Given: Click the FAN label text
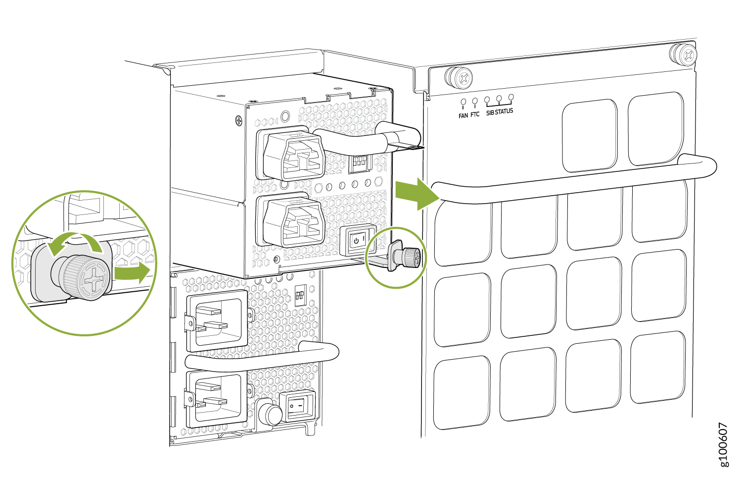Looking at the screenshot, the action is (x=463, y=116).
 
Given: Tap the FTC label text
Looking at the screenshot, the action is (x=475, y=114).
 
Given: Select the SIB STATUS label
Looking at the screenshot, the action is (x=500, y=112).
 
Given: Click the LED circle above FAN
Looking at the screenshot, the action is (x=464, y=102).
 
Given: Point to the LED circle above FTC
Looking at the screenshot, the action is (x=475, y=101).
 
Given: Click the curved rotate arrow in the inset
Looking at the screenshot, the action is (x=75, y=240).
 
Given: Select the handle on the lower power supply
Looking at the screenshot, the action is (x=262, y=357).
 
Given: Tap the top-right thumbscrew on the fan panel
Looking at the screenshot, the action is (x=683, y=54).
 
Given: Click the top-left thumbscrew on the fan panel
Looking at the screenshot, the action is (x=458, y=78).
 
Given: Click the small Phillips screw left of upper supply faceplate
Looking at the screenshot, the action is (x=239, y=120).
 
